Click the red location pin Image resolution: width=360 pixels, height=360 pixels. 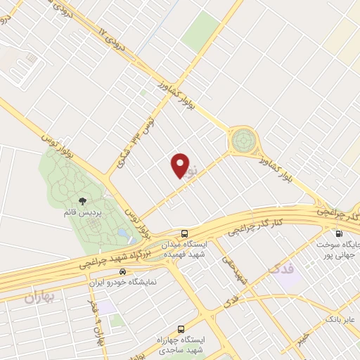pos(180,165)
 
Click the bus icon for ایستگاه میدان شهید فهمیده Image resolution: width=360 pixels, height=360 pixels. pos(184,233)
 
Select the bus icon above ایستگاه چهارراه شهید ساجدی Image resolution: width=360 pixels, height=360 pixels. pos(181,328)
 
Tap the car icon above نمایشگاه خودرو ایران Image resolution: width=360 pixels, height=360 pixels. pos(123,271)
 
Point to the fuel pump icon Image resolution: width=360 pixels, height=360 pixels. pos(339,235)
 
